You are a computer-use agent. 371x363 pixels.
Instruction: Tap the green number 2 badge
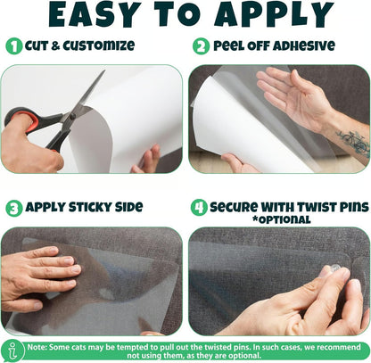tap(200, 45)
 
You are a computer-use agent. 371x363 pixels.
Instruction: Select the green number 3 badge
tap(14, 207)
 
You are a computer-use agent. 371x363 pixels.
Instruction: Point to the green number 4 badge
tap(200, 207)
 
